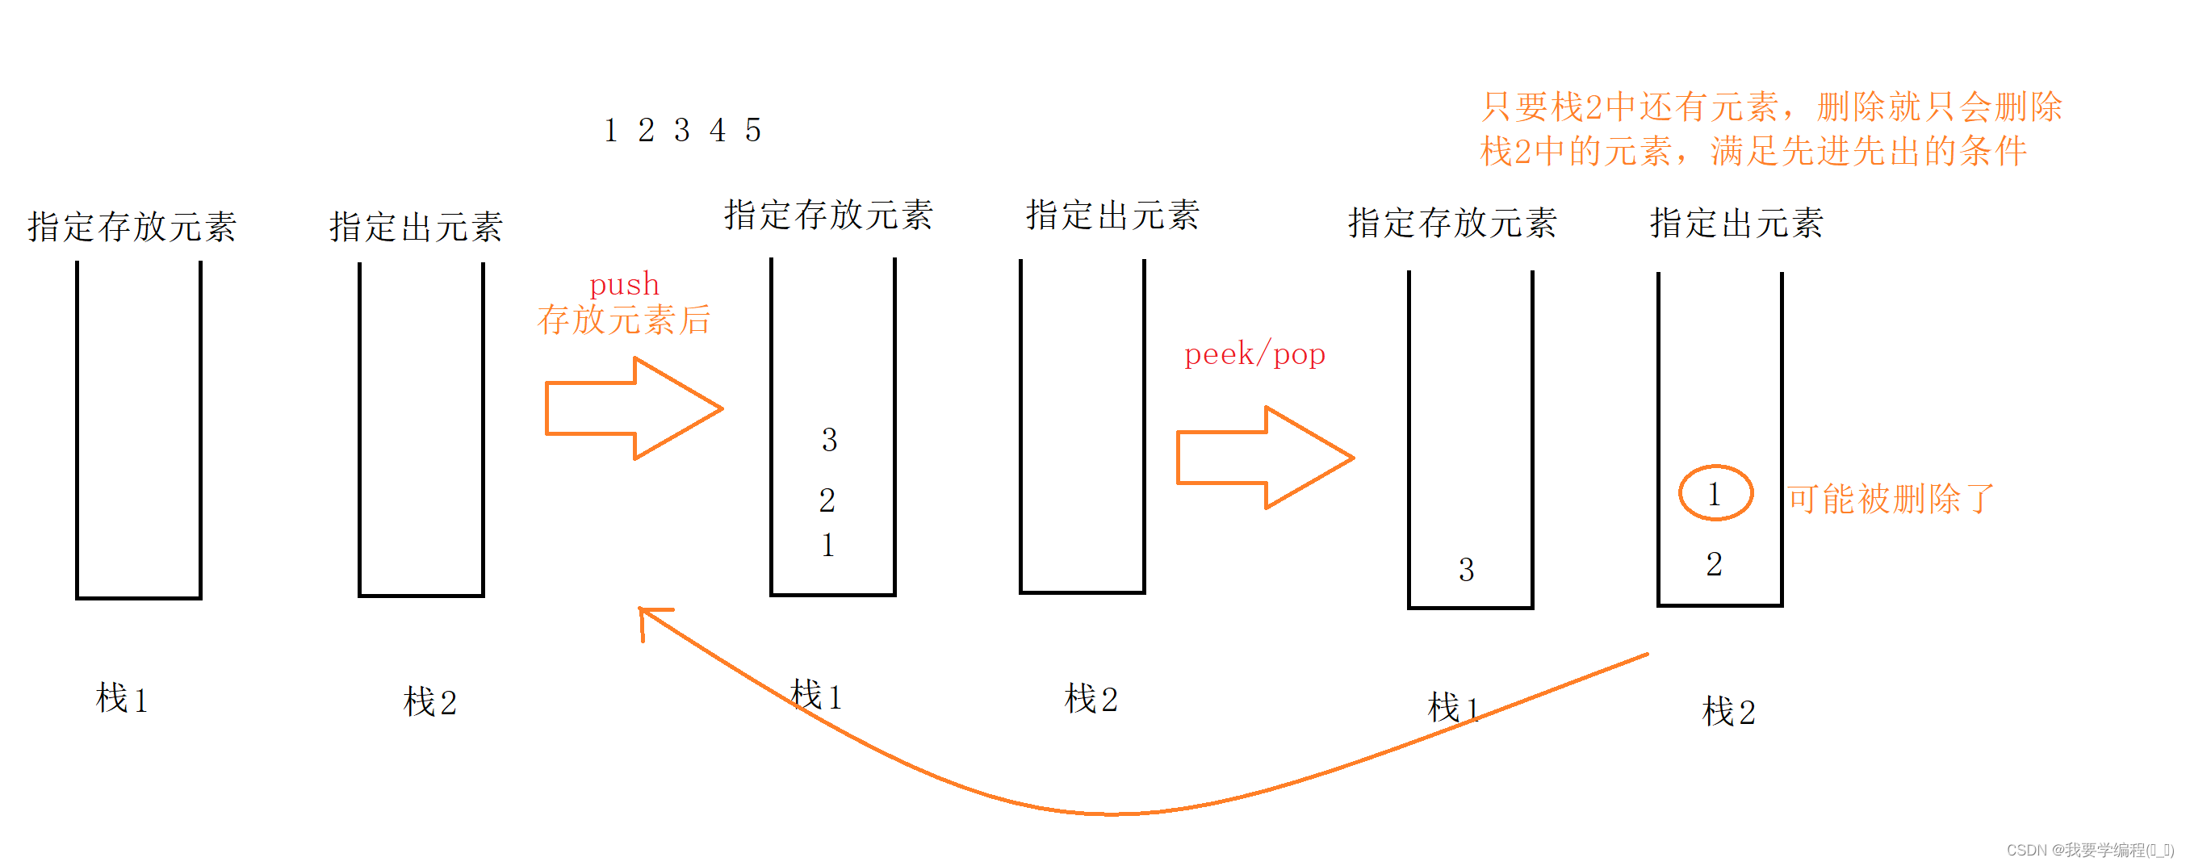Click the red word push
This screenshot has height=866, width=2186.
624,285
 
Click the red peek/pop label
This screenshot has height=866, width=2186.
1254,354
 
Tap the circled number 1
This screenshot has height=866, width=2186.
1715,494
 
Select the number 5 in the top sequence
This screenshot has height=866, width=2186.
752,131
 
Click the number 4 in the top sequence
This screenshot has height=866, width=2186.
718,131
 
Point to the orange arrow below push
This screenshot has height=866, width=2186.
633,409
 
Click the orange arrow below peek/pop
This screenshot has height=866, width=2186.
1264,458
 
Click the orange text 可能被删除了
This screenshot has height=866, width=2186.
1891,499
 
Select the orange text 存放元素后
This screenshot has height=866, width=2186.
624,320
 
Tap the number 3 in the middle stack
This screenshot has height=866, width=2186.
829,440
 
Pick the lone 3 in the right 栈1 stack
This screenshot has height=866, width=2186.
1467,570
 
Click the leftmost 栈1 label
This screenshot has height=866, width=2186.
122,700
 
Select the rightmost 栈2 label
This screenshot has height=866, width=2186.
1728,712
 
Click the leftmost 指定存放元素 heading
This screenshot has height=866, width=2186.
132,228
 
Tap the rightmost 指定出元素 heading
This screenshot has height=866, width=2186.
1736,224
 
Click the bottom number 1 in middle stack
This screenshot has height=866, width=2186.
828,546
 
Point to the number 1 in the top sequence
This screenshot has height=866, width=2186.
610,131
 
